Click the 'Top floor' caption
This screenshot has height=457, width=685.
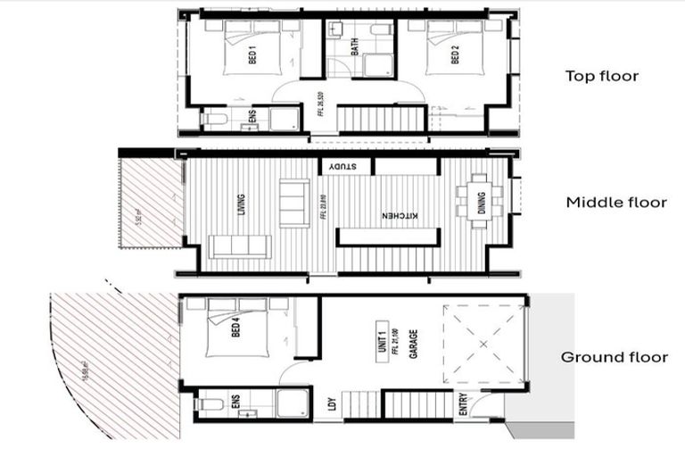point(602,76)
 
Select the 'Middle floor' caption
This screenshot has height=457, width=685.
point(616,203)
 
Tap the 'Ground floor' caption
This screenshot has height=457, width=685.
point(614,357)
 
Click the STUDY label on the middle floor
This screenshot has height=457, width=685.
point(342,166)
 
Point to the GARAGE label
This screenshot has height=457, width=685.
point(413,344)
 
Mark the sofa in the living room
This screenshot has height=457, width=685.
point(239,246)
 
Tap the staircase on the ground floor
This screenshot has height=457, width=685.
point(362,403)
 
